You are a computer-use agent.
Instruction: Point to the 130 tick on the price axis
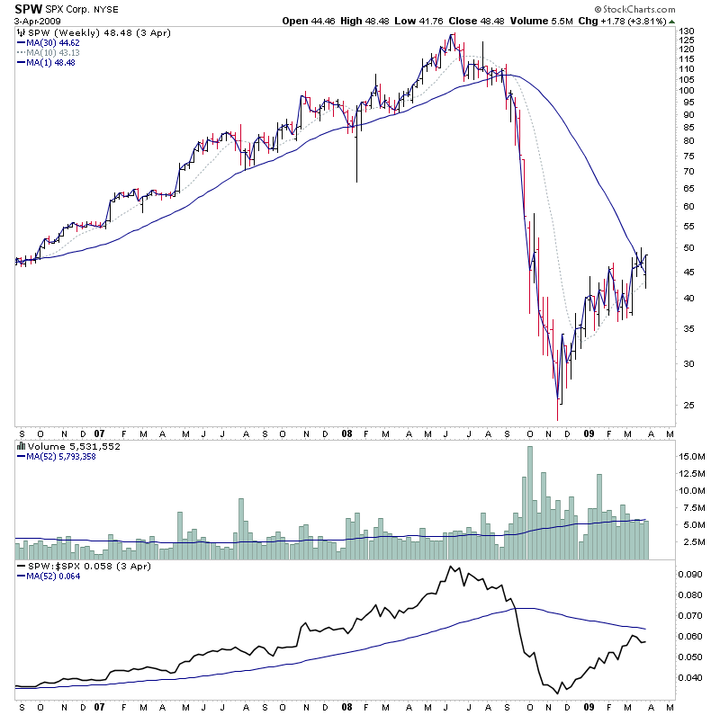point(687,31)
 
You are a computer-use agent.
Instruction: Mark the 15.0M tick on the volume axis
point(690,457)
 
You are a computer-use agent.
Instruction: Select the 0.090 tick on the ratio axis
point(689,574)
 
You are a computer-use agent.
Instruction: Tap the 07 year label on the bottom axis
point(98,432)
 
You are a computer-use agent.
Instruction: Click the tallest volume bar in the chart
point(528,504)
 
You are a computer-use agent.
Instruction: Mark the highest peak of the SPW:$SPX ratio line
point(448,567)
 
